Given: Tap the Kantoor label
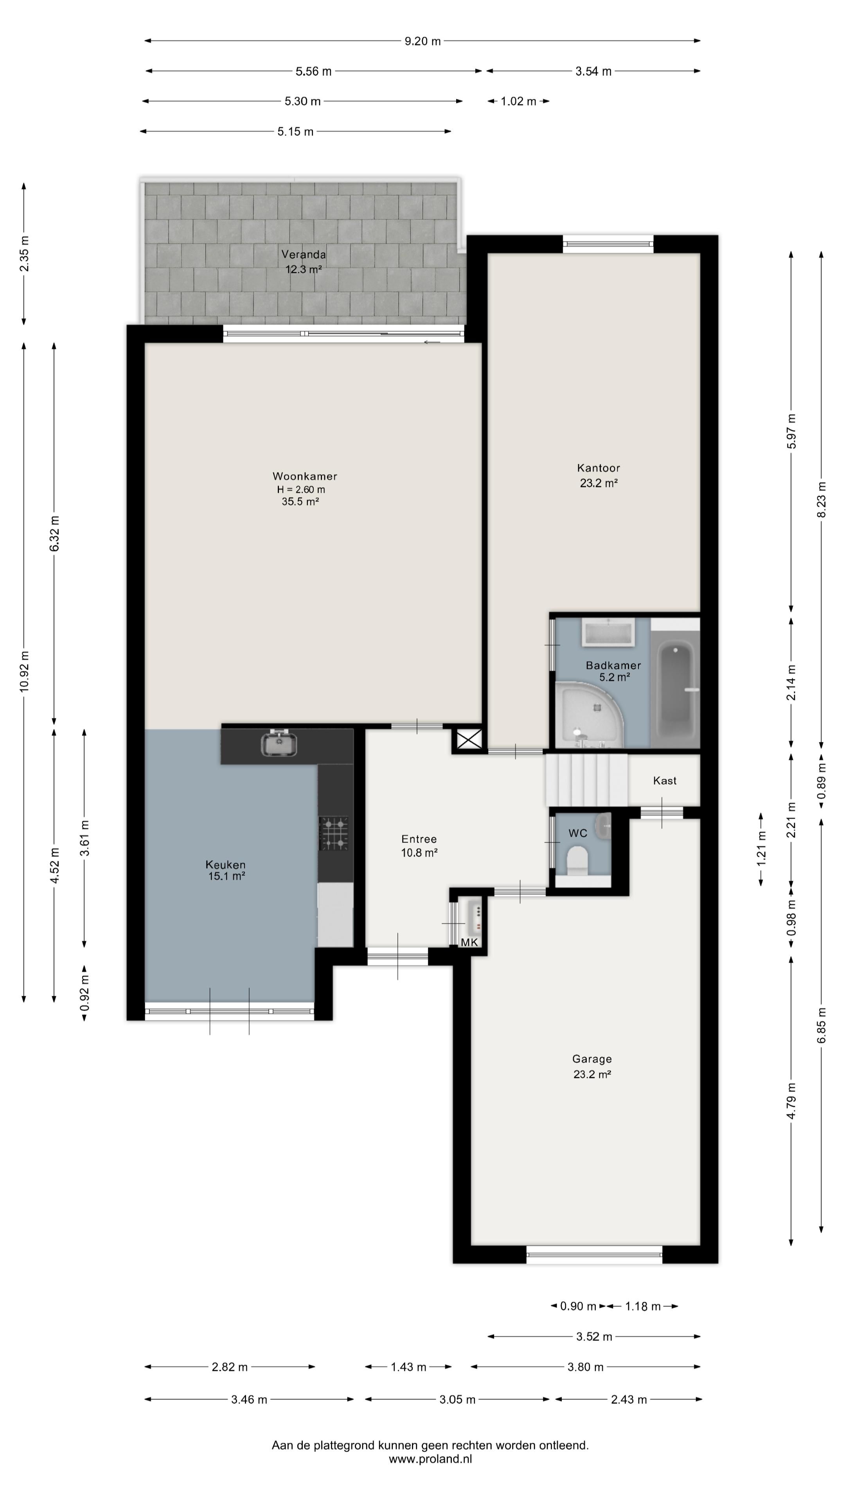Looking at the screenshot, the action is [598, 468].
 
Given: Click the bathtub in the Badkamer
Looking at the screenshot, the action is [676, 692].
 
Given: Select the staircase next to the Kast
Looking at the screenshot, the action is [586, 780].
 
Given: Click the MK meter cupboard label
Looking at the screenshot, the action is [469, 942].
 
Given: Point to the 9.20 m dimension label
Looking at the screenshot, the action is [423, 41].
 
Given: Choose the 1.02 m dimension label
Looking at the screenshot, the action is [518, 101].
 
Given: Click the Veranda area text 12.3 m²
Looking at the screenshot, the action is [303, 269].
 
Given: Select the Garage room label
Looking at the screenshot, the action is [592, 1059].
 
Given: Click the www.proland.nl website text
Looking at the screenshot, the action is [430, 1459].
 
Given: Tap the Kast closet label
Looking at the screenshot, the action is [665, 780].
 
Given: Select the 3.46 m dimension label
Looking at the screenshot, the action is [249, 1400].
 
